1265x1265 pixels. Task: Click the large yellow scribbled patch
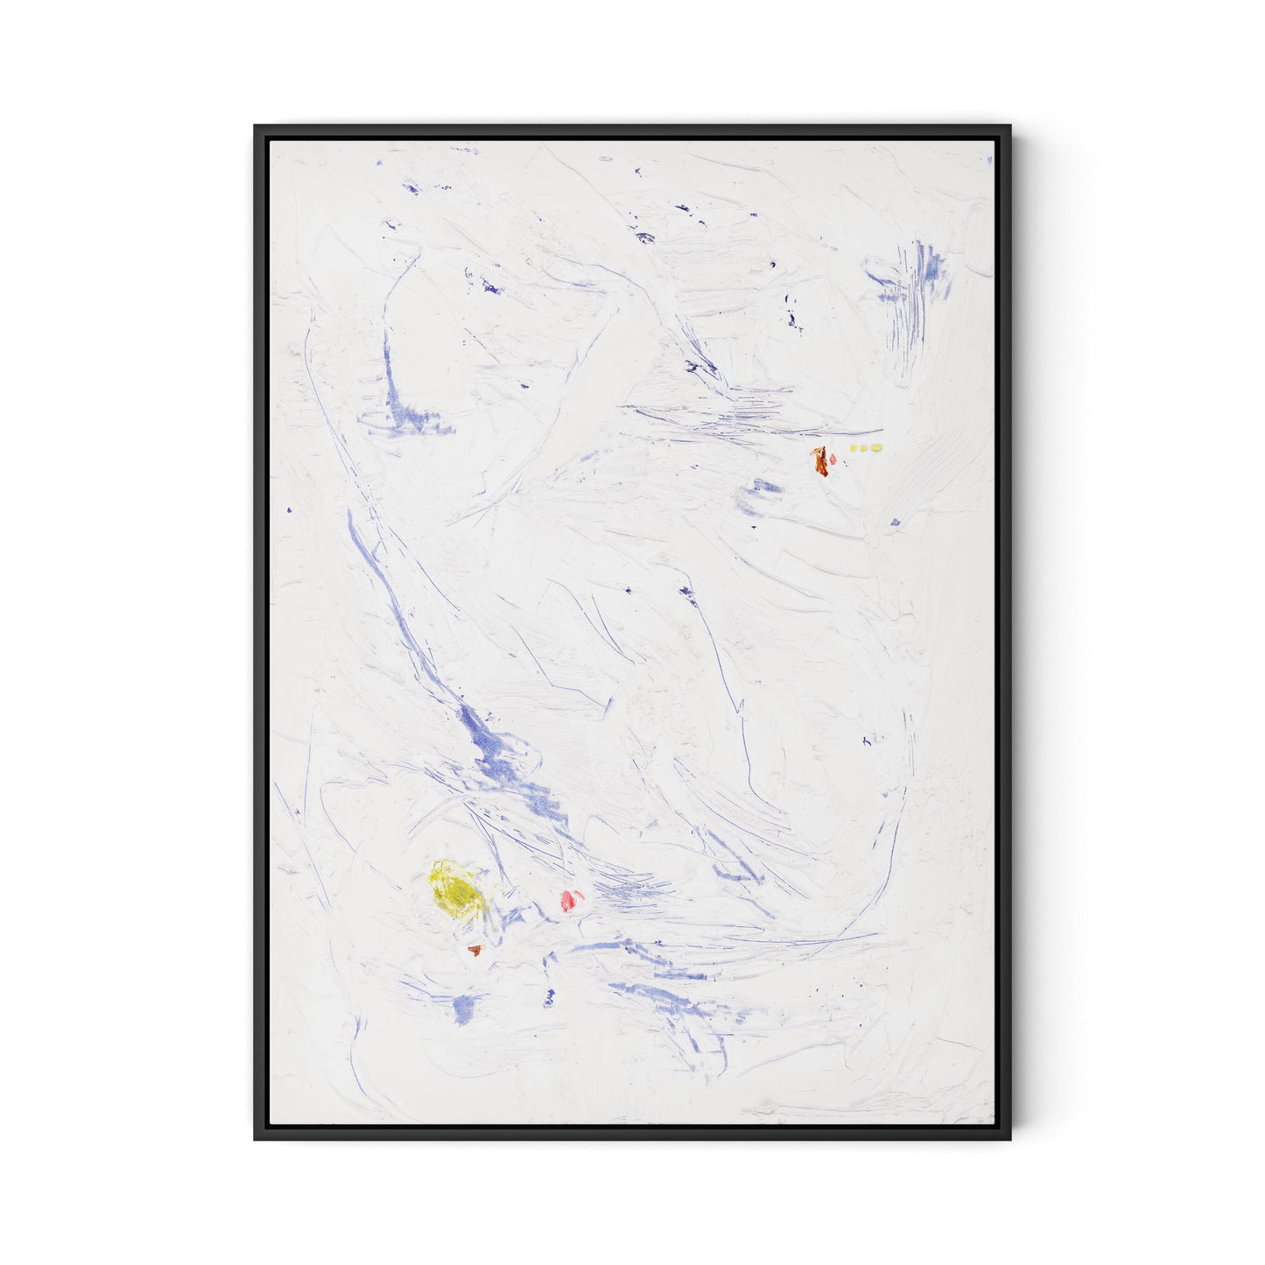456,889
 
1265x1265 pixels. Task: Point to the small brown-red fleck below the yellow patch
474,950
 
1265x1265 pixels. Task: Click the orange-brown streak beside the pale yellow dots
821,460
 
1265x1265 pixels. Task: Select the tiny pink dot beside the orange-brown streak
833,458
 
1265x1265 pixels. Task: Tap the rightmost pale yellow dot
876,448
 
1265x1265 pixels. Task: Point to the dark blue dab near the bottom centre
550,995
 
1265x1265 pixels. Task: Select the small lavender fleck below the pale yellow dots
895,523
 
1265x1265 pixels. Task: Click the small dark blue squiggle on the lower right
867,741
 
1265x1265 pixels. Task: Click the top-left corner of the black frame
256,126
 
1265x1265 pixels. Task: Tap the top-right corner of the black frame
1011,126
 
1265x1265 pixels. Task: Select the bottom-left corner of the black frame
256,1139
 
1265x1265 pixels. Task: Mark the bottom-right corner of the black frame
1011,1139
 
